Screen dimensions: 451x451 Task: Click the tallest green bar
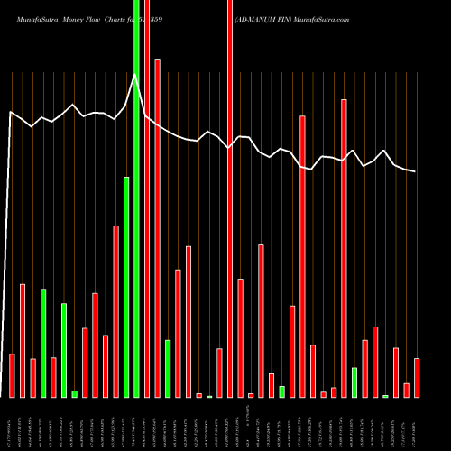[x=136, y=198]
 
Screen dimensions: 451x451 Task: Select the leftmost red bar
[x=12, y=375]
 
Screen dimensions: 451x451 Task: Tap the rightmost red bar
[x=417, y=378]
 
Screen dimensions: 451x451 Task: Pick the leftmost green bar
[x=43, y=343]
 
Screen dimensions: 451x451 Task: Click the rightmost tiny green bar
[x=385, y=396]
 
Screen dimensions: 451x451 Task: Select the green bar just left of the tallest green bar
[x=126, y=287]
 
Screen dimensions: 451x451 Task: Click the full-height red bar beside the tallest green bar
[x=147, y=198]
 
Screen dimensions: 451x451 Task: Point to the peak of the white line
[x=135, y=76]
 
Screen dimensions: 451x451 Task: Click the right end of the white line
[x=415, y=171]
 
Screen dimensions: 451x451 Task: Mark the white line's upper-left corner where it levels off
[x=11, y=112]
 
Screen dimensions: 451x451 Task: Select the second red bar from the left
[x=23, y=340]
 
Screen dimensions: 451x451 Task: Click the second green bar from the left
[x=64, y=350]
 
